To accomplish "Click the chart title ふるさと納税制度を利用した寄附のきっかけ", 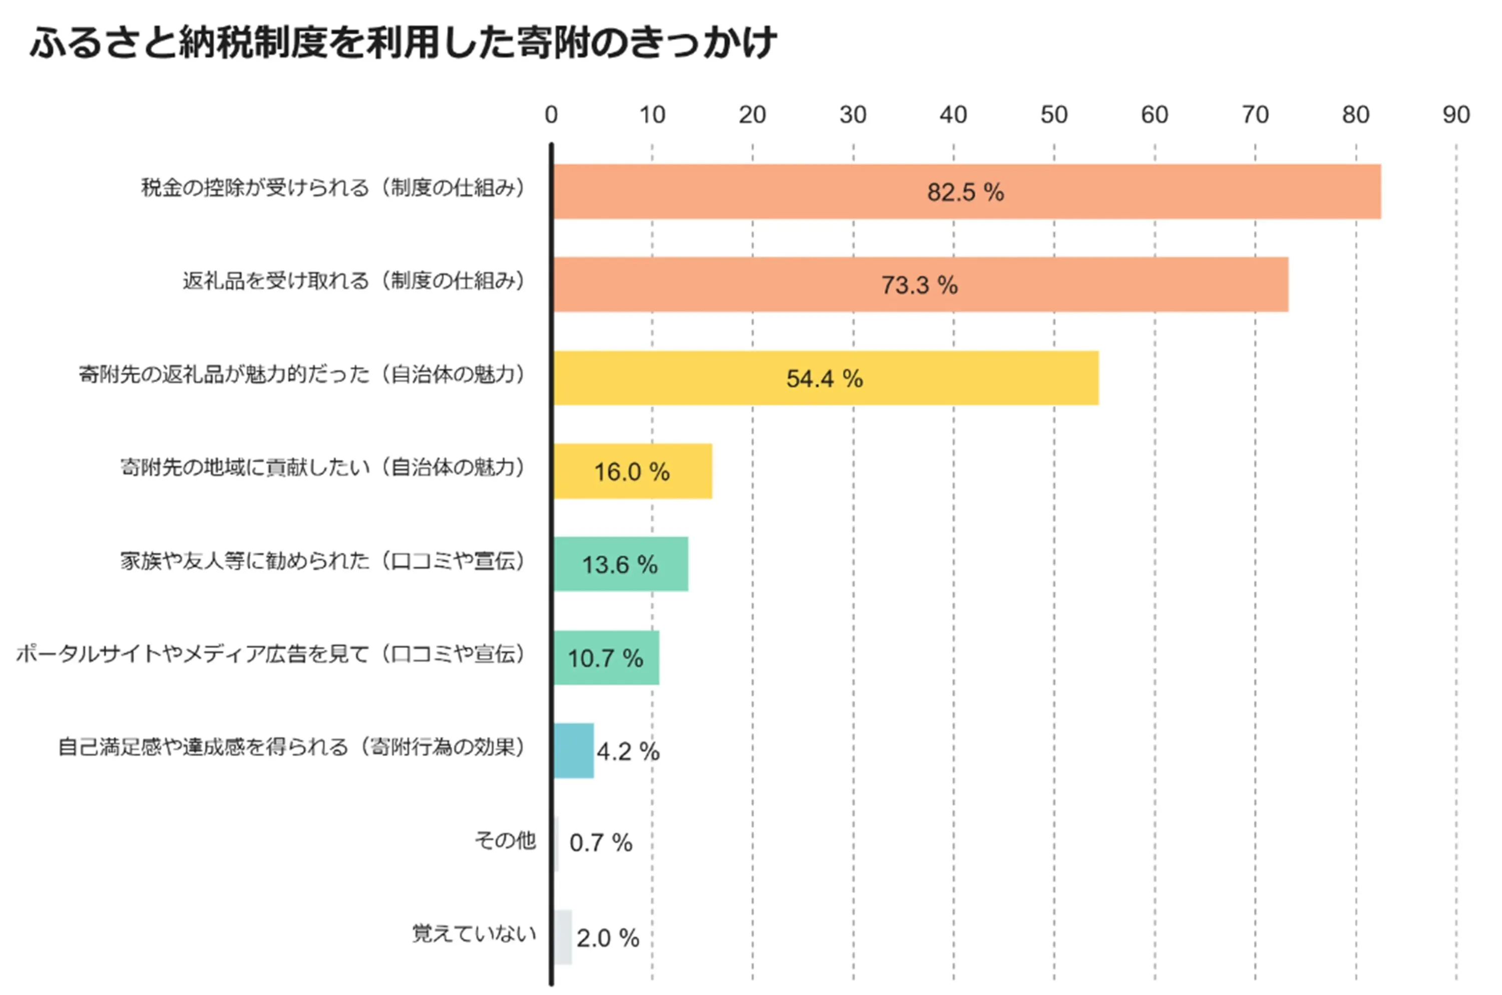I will point(403,43).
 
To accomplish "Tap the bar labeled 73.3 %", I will point(921,284).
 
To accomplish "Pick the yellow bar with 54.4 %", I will point(825,378).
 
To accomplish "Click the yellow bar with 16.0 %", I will point(632,471).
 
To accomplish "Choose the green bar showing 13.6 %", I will point(620,564).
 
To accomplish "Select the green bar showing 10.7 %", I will point(606,658).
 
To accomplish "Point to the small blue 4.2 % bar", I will point(574,751).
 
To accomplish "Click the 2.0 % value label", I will point(607,938).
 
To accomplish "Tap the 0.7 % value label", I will point(600,843).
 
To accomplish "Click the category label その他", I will point(505,841).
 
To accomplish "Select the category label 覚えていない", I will point(474,933).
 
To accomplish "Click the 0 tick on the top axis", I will point(551,115).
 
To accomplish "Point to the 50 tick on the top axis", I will point(1054,115).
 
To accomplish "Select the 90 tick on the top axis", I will point(1455,115).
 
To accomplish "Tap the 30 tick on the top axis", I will point(853,115).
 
